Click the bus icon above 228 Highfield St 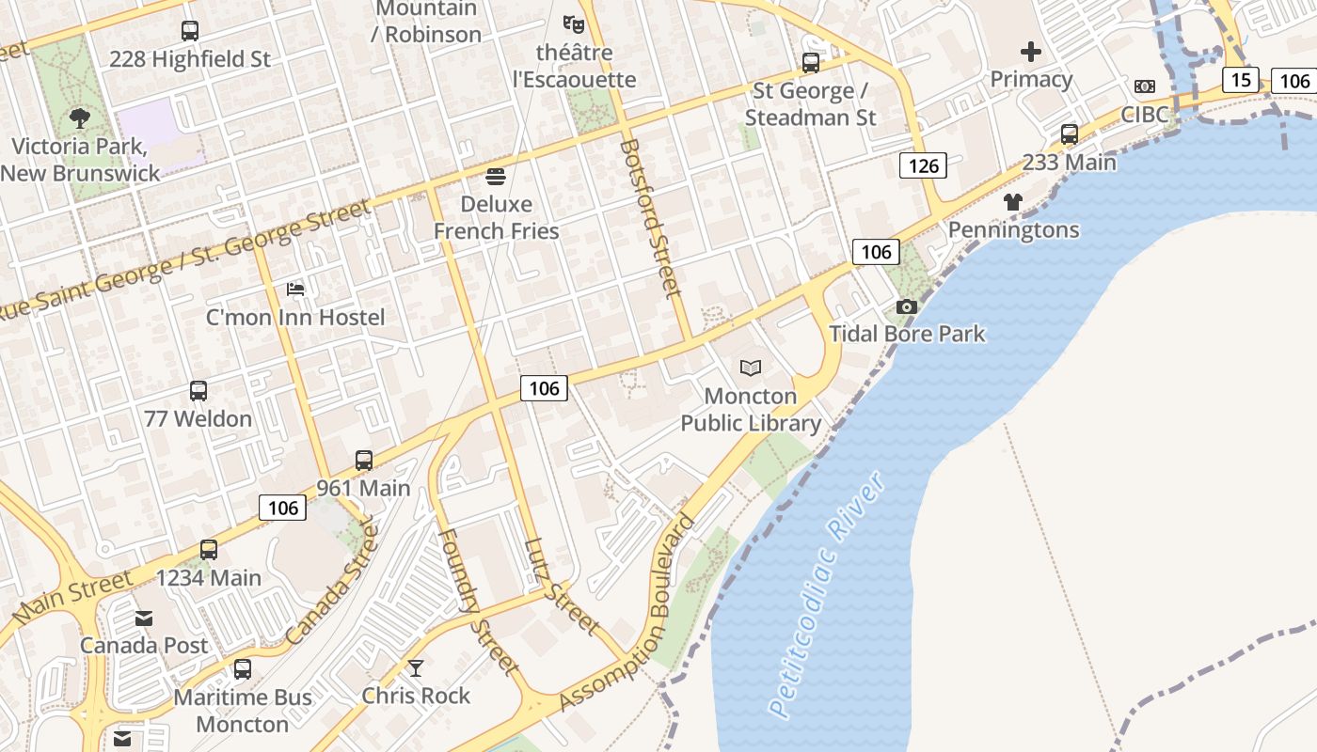(190, 31)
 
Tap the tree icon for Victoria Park (80, 118)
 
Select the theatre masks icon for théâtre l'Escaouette (573, 23)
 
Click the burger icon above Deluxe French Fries (496, 177)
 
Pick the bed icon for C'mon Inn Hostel (295, 290)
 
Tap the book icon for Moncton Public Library (751, 368)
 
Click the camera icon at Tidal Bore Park (907, 306)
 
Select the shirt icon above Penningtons (1013, 202)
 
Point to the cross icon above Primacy (1031, 52)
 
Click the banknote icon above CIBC (1144, 86)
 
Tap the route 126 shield (923, 166)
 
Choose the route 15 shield (1241, 80)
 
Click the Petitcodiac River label (827, 596)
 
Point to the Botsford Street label (650, 218)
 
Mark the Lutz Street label (563, 586)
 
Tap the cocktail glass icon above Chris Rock (416, 668)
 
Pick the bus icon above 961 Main (364, 461)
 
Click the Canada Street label (330, 585)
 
